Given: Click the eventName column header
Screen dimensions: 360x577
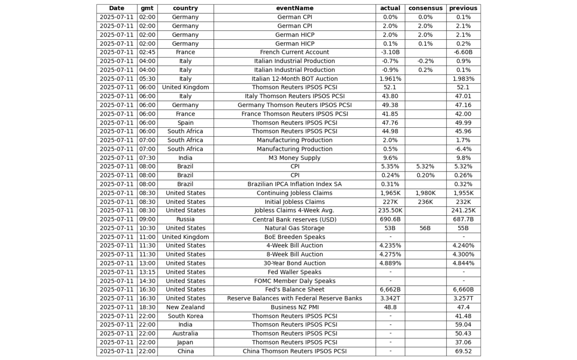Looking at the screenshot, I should (294, 8).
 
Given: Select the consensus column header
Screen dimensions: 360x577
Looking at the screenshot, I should (425, 8).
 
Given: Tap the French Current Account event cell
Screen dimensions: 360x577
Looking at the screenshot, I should (294, 52).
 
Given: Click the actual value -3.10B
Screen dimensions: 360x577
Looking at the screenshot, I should (390, 52).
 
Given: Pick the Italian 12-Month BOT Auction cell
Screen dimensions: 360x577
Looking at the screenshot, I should (294, 79).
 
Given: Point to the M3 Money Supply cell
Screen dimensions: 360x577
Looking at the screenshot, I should (294, 158).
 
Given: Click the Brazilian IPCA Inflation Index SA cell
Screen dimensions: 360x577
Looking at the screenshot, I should (294, 184).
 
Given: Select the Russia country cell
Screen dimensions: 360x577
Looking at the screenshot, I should (185, 219).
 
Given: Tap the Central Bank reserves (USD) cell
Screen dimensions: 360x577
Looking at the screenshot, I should (294, 219).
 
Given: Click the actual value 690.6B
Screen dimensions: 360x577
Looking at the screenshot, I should (390, 219).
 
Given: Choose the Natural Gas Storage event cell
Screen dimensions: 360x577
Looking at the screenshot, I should (294, 228).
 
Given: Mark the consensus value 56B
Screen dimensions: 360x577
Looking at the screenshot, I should (425, 228).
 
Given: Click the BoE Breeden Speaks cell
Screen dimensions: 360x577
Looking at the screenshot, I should (294, 237).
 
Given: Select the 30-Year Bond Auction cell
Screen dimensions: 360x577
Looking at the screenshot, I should (294, 263).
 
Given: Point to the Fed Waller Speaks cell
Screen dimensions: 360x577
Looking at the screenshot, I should (294, 272).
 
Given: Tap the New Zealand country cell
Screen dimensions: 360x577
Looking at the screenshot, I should (185, 307).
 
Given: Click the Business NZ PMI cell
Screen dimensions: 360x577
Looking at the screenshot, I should (294, 307).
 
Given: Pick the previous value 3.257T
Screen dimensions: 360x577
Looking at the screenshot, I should (463, 298).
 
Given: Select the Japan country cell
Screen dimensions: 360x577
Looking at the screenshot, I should (185, 342).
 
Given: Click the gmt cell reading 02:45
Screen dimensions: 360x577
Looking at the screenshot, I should (147, 52).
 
